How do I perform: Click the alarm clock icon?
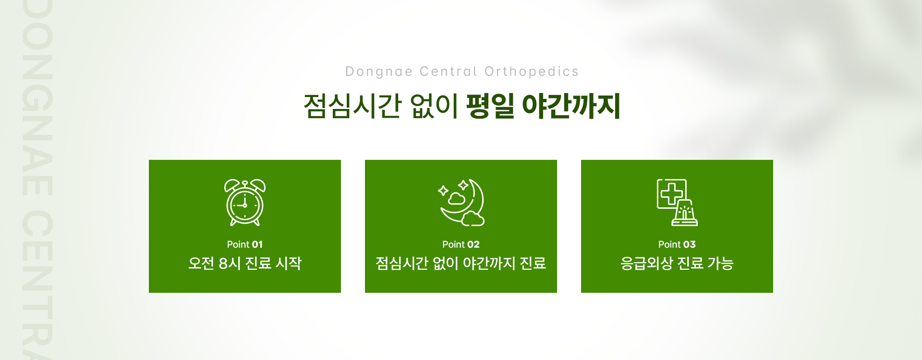point(245,203)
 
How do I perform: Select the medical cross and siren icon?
point(677,203)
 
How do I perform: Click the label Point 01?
point(245,244)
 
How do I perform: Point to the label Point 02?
point(461,244)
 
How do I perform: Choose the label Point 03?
point(677,244)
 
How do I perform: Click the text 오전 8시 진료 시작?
point(245,263)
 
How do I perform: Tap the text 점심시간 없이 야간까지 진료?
point(461,263)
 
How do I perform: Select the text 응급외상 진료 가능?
point(677,263)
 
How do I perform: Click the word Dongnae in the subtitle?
point(379,72)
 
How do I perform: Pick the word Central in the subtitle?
point(449,72)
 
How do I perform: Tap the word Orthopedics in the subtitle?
point(532,72)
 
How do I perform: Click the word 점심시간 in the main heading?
point(352,106)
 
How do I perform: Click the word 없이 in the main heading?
point(434,106)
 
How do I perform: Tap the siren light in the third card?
point(685,213)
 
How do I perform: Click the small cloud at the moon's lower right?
point(473,218)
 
